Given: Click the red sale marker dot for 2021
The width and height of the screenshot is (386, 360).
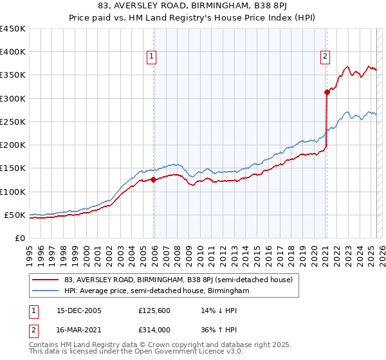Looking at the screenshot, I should (327, 92).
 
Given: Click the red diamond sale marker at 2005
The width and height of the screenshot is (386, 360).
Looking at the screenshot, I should (154, 180).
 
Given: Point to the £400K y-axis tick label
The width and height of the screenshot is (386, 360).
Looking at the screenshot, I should (13, 52).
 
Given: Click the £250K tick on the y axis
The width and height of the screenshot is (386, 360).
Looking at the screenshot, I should (13, 122).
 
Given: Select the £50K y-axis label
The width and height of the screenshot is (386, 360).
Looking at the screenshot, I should (15, 215).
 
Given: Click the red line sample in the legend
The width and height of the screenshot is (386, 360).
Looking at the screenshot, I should (46, 280).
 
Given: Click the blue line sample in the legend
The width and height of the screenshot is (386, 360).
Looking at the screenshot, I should (46, 291).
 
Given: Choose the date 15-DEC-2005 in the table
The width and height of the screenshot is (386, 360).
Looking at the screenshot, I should (79, 310).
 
